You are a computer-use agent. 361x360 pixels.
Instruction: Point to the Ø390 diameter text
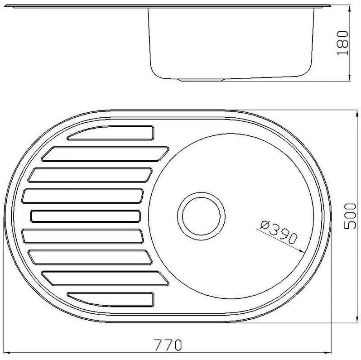279,232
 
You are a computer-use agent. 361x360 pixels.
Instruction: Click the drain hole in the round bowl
202,216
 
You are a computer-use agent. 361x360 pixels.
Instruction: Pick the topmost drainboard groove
111,132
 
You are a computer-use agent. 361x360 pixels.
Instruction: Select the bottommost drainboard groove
111,299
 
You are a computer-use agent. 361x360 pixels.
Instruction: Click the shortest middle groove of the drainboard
85,216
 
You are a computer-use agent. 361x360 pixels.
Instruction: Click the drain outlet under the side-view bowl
202,80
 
